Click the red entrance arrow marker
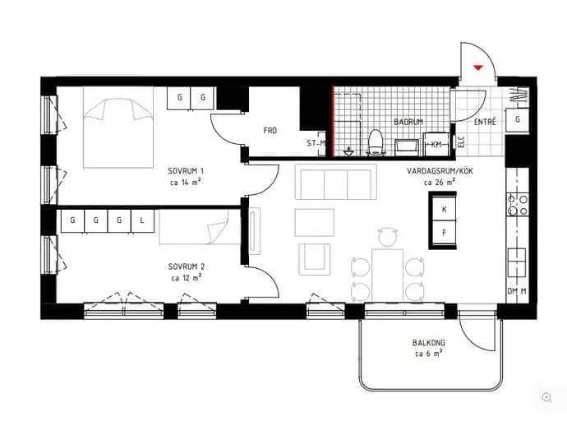point(478,67)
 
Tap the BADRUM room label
point(408,122)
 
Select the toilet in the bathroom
point(375,142)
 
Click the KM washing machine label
point(436,145)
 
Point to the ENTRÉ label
point(485,122)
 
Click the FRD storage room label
point(270,130)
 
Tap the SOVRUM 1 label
point(186,171)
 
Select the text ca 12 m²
point(187,278)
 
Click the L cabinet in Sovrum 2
point(142,220)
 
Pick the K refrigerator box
point(444,209)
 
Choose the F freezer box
point(444,233)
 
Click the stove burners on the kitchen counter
point(518,205)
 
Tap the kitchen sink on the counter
point(517,262)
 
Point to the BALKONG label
point(429,342)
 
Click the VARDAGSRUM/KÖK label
point(440,171)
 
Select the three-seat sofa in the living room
point(336,182)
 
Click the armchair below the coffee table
point(315,259)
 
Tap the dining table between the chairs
point(388,275)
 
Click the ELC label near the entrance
point(461,141)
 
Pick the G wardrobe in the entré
point(518,119)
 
